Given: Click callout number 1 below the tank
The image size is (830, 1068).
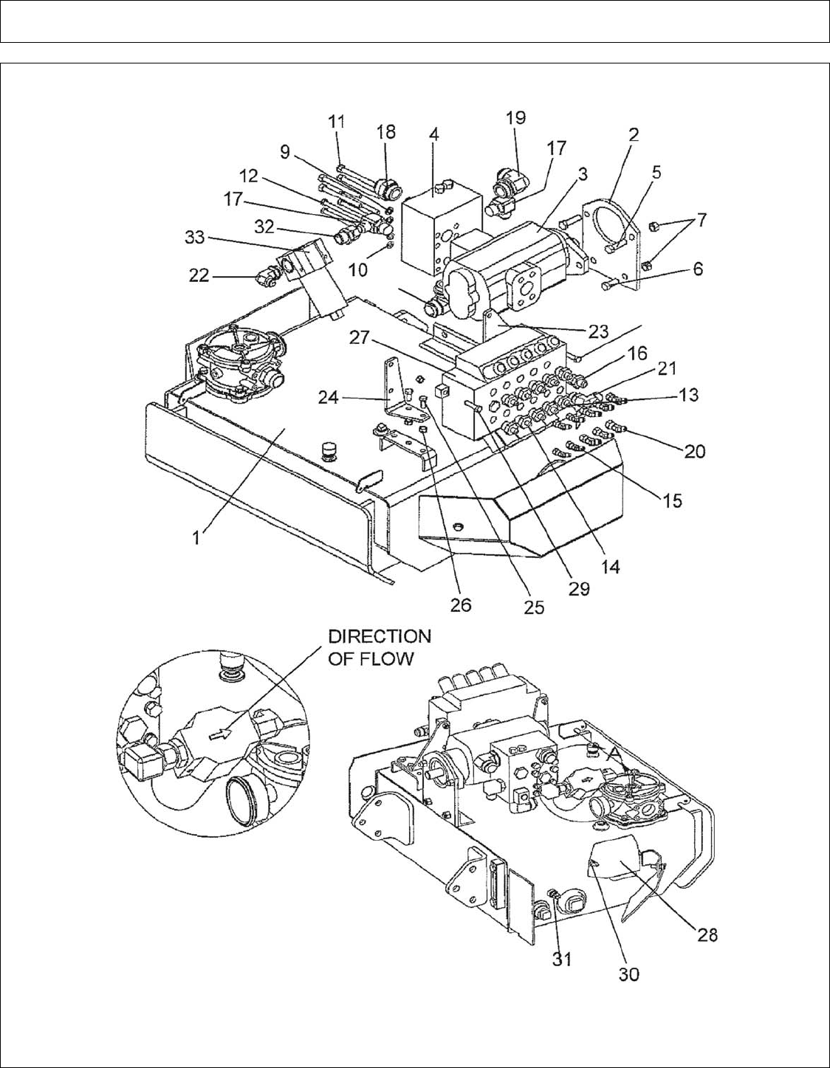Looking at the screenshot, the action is tap(196, 538).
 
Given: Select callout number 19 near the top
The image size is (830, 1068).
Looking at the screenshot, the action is tap(515, 117).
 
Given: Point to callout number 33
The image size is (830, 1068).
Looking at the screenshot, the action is tap(196, 238).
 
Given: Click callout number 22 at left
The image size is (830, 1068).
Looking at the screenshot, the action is tap(200, 276).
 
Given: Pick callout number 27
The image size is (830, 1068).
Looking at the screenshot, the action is tap(361, 338).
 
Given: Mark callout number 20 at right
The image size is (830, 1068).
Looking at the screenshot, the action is tap(694, 451).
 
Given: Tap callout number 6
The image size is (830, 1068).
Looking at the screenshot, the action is tap(698, 269).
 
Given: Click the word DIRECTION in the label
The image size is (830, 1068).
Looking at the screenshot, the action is tap(379, 636).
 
